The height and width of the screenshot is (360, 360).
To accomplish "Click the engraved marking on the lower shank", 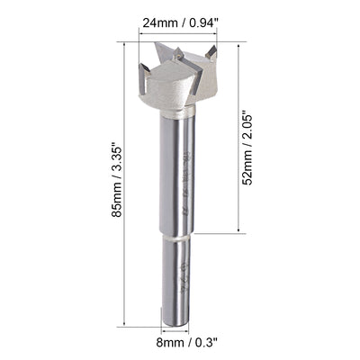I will tap(182, 270).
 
